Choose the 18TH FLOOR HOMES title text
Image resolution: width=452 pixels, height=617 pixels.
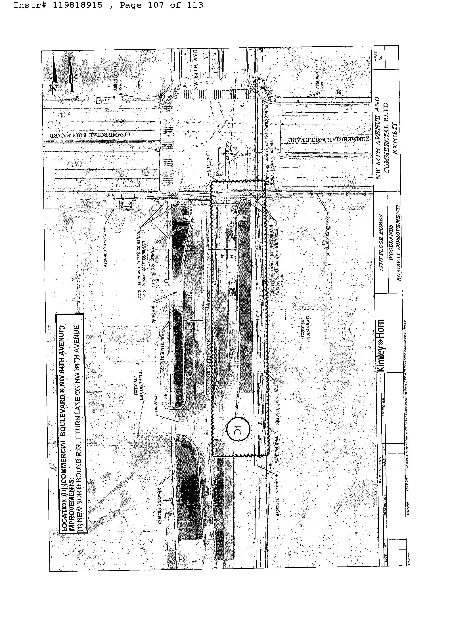click(381, 242)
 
